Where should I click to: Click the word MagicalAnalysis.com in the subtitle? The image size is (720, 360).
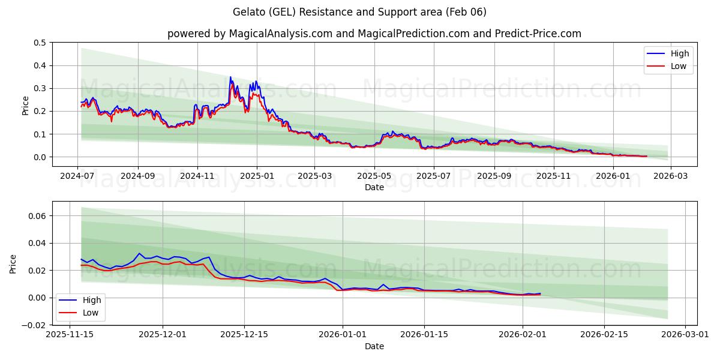tap(281, 34)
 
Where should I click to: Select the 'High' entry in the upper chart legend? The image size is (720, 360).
tap(679, 53)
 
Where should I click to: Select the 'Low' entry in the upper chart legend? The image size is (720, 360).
tap(679, 66)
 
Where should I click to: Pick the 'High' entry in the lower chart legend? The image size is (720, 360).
tap(91, 300)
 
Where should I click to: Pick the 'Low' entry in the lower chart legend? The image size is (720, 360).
tap(91, 313)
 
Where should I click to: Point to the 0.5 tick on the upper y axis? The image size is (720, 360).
tap(40, 43)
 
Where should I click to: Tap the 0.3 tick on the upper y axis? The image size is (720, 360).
tap(40, 88)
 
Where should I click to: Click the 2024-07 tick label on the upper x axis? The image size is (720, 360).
tap(77, 177)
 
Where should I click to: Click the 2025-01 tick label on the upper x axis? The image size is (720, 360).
tap(257, 177)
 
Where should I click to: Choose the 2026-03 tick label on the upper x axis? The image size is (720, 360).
tap(670, 177)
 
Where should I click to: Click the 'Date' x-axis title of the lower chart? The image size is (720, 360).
tap(374, 346)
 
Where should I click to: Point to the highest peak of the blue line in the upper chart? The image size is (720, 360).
tap(230, 77)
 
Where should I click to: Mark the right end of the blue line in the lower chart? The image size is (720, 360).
tap(540, 293)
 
